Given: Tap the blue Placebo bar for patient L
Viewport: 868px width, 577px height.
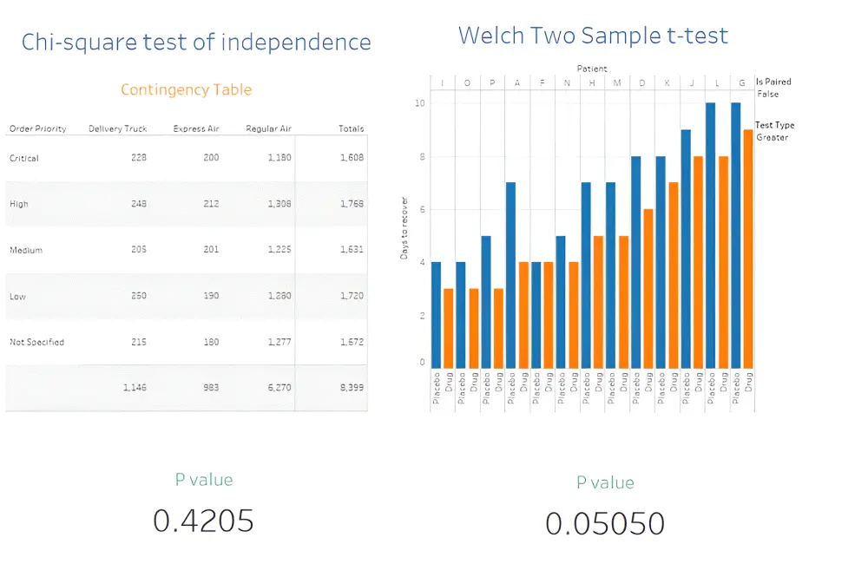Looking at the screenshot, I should pyautogui.click(x=711, y=234).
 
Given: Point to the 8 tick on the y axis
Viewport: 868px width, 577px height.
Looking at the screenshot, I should pyautogui.click(x=423, y=157).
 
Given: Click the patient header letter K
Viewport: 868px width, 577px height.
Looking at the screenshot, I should pyautogui.click(x=667, y=82).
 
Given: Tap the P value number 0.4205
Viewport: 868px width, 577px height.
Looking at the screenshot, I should pyautogui.click(x=203, y=521).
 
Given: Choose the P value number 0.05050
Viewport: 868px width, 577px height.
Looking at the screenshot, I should pyautogui.click(x=605, y=523).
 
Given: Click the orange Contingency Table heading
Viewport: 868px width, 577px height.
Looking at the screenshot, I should pyautogui.click(x=186, y=89).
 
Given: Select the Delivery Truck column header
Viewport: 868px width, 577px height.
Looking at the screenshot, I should pyautogui.click(x=117, y=128).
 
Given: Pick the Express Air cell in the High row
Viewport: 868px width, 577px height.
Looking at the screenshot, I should pyautogui.click(x=208, y=204).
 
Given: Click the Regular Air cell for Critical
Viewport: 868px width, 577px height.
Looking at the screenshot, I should pyautogui.click(x=279, y=158).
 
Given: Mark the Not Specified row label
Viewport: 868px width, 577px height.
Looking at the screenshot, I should pyautogui.click(x=36, y=342).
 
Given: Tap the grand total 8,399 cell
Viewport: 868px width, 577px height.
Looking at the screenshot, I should pyautogui.click(x=351, y=387).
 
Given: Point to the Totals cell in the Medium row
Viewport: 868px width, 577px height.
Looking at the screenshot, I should pyautogui.click(x=351, y=250).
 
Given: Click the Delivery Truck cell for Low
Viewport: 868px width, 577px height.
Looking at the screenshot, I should pyautogui.click(x=136, y=296).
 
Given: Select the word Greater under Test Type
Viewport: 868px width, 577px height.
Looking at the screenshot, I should pyautogui.click(x=772, y=137).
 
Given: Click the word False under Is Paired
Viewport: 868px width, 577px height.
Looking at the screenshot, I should pyautogui.click(x=767, y=94).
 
